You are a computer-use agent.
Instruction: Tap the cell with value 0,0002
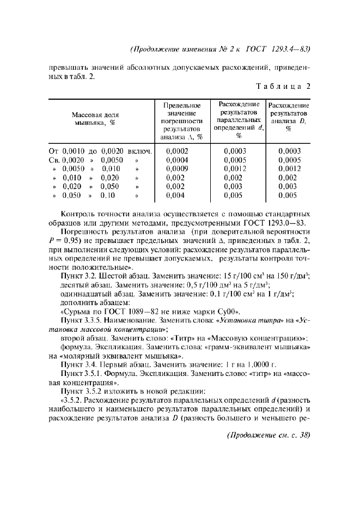tap(176, 150)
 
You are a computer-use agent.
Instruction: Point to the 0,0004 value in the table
tap(176, 160)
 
